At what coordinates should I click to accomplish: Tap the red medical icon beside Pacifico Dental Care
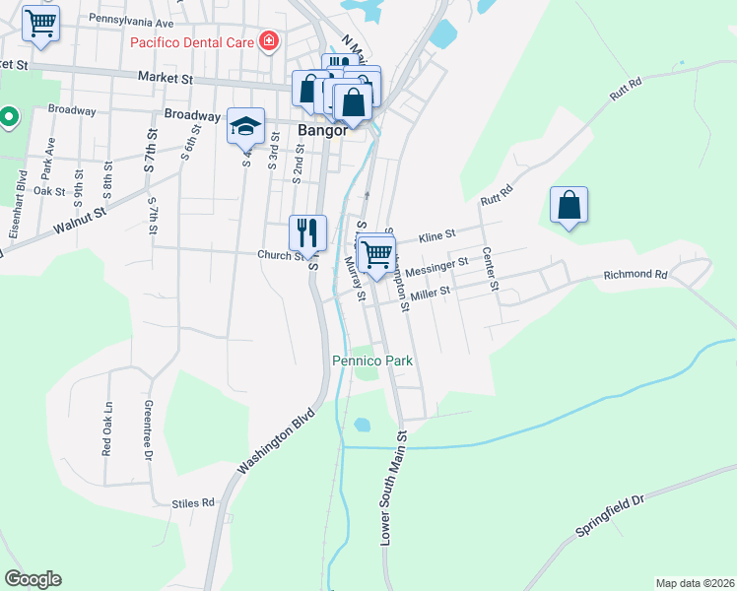[267, 41]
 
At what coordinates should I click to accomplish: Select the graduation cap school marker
[245, 126]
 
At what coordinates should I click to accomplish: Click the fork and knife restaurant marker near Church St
[307, 233]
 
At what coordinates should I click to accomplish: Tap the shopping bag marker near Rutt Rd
[569, 206]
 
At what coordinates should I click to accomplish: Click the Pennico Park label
[371, 361]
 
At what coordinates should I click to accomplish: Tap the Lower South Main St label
[393, 488]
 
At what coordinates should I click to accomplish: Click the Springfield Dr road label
[611, 516]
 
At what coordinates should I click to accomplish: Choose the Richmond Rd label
[636, 275]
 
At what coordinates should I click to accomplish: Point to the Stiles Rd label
[193, 502]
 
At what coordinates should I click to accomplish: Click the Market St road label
[164, 77]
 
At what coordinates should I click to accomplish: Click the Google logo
[33, 579]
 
